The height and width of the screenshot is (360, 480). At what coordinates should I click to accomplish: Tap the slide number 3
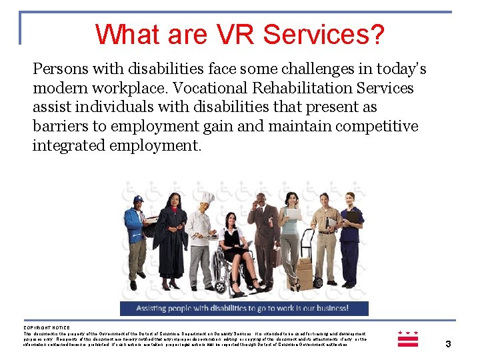point(448,344)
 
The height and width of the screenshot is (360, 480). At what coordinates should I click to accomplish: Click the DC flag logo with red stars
point(407,338)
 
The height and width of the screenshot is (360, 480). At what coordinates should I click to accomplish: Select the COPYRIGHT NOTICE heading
point(47,327)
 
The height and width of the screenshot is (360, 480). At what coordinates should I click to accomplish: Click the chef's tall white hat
point(207,198)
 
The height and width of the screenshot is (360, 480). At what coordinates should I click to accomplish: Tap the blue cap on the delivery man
point(138,199)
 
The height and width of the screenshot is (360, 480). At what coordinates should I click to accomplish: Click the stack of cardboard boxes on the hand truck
point(304,269)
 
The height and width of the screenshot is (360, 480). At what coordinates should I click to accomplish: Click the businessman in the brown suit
point(263,233)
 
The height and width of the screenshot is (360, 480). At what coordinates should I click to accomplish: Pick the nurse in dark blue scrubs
point(349,237)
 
